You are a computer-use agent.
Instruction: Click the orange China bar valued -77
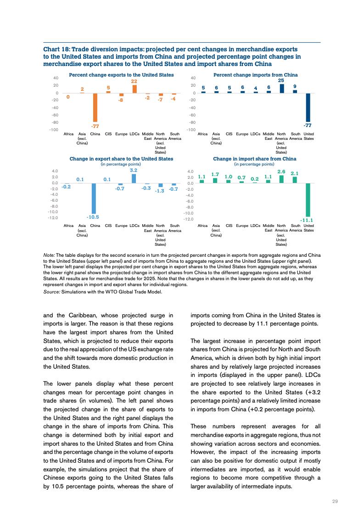coord(95,107)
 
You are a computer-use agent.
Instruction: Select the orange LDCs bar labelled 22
coord(134,89)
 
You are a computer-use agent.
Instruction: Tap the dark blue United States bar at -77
coord(308,107)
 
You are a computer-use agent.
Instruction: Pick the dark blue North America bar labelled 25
coord(282,88)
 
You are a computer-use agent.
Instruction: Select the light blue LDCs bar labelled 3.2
coord(134,178)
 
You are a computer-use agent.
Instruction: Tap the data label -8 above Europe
coord(121,99)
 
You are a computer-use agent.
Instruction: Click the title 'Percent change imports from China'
coord(256,75)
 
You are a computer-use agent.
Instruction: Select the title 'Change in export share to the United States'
coord(121,159)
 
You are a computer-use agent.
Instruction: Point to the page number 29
coord(335,501)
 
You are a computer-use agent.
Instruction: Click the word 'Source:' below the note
coord(51,291)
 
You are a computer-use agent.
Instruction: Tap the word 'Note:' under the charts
coord(49,255)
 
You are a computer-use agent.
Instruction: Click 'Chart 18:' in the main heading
coord(56,49)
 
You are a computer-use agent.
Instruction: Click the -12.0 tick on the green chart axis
coord(188,219)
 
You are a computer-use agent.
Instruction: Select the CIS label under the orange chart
coord(108,134)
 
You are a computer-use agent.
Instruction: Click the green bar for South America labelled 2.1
coord(295,180)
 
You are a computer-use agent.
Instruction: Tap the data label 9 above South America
coord(295,86)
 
